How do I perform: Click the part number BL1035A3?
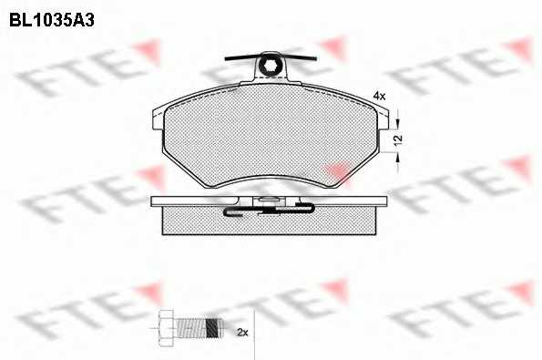point(52,21)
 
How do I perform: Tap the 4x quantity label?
point(379,96)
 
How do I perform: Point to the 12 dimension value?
point(398,139)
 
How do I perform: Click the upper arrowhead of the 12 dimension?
point(397,123)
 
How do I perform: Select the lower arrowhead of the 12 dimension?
point(397,158)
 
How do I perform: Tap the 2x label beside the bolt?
point(242,333)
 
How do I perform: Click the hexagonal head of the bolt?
point(167,327)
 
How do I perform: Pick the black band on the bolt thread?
point(213,327)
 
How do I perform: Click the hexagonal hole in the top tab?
point(268,65)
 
